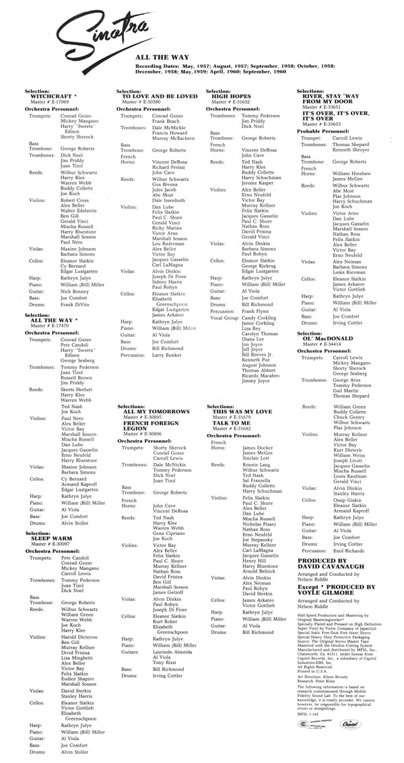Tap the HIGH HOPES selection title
coord(228,96)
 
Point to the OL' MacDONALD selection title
coord(328,338)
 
